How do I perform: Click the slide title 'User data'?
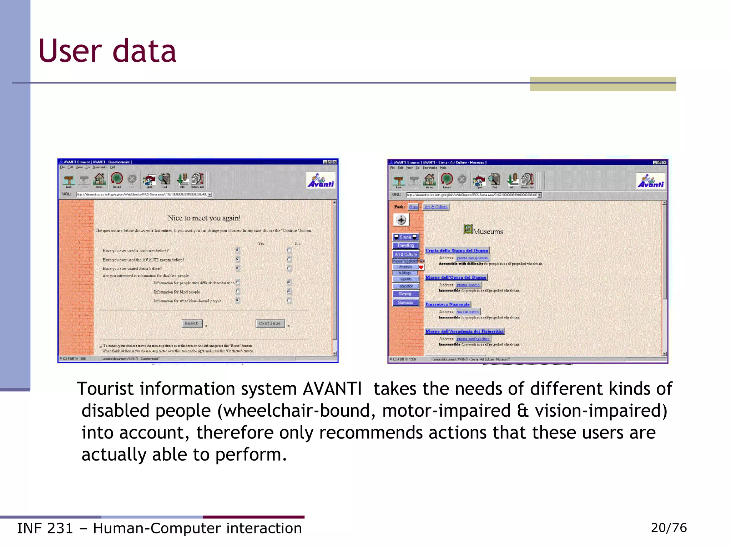107,51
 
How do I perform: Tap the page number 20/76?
669,528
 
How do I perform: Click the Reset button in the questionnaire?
192,323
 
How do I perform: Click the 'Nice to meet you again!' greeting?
204,218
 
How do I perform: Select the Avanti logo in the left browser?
321,180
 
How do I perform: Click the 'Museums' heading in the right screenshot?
487,232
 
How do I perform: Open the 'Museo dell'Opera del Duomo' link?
455,277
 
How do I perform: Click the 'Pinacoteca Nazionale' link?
447,304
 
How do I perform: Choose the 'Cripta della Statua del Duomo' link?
457,250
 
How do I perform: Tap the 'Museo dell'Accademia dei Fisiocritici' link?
464,331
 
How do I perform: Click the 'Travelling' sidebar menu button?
405,245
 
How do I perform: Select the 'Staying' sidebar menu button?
405,294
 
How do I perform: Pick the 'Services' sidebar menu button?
405,303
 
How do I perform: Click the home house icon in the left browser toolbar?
100,179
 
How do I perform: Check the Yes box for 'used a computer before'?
238,250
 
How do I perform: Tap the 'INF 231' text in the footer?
45,528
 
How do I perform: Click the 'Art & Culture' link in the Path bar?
435,207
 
